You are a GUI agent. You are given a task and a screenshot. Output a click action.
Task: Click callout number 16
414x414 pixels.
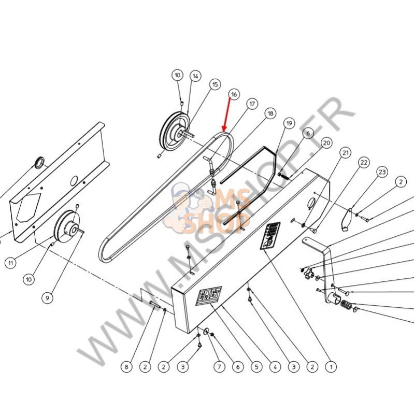coord(233,94)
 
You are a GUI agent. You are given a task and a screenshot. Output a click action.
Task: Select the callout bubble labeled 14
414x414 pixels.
coord(195,76)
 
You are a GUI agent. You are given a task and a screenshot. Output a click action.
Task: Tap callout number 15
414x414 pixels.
coord(215,84)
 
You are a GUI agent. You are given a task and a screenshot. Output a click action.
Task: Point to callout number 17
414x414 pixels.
coord(252,104)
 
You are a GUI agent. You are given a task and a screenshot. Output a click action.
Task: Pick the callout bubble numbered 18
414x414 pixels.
coord(270,114)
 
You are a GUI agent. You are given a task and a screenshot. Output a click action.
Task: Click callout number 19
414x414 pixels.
coord(289,123)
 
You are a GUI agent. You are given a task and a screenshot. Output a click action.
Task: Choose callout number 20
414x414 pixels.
coord(326,142)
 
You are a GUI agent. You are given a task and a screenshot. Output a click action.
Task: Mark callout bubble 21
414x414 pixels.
coord(345,152)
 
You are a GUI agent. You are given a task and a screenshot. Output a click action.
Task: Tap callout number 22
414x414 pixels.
coord(364,162)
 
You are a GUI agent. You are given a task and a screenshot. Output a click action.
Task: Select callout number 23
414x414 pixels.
coord(382,172)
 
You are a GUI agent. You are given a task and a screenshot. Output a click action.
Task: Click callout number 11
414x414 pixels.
coord(10,263)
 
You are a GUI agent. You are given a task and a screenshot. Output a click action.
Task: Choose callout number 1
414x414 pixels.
coord(330,367)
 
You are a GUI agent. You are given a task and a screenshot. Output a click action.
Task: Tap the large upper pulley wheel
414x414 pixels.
coord(174,132)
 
